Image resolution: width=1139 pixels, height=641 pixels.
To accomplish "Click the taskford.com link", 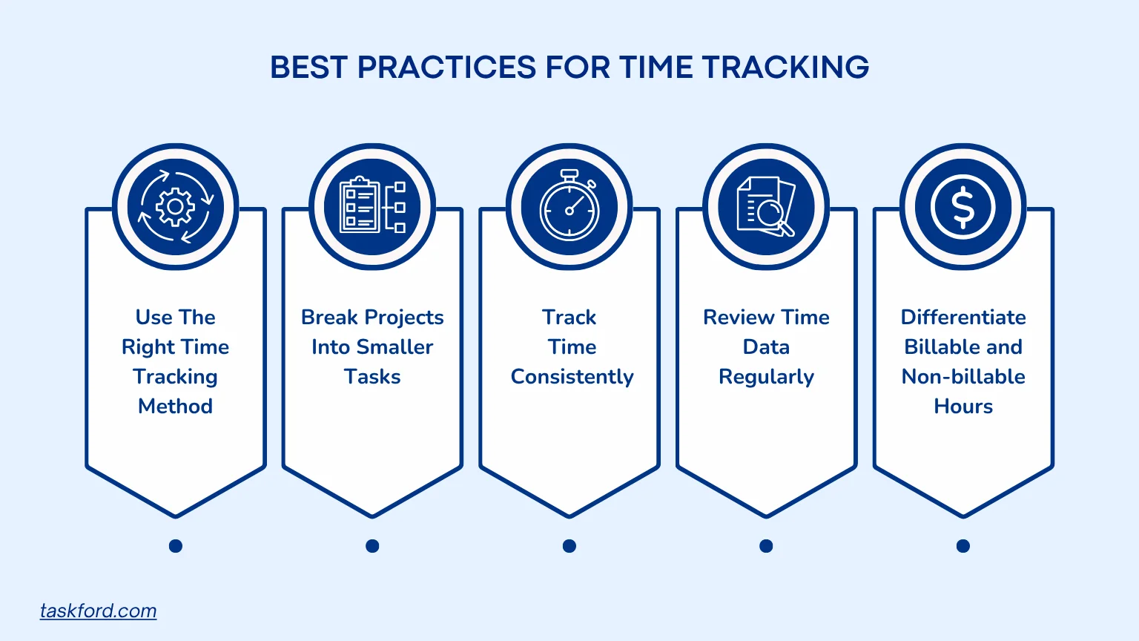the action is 98,611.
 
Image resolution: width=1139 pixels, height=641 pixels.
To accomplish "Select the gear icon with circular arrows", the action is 176,206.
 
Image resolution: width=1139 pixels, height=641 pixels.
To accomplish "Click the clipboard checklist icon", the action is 372,206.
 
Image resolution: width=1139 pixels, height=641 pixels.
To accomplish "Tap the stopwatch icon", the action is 569,205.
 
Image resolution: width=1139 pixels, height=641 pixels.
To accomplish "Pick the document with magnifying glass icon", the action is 766,206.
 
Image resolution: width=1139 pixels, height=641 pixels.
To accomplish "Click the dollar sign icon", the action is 963,206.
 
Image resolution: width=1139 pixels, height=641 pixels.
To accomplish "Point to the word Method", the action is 176,407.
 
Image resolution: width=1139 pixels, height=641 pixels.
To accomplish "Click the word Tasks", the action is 372,377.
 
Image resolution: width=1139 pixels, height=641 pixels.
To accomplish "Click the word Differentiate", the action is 963,318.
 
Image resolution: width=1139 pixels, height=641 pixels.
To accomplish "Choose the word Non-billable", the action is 963,377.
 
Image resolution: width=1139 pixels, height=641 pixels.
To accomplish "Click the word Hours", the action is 963,407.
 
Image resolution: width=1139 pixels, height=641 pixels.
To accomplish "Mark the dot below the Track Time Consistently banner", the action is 569,546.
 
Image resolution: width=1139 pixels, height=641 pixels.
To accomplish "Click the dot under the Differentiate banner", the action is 963,546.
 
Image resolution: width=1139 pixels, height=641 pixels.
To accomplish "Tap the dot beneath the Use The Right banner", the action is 176,546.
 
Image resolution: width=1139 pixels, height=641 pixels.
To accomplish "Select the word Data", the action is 766,347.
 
